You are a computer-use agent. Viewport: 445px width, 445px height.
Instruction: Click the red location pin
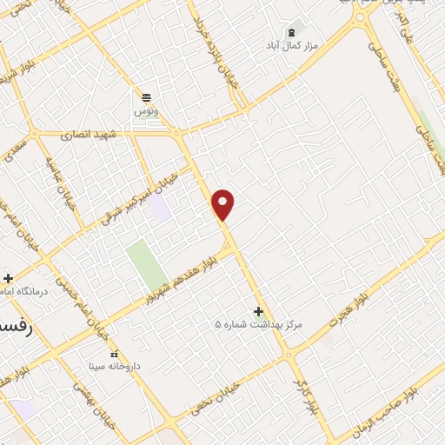tap(224, 204)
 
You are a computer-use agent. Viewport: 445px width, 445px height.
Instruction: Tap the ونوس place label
tap(145, 112)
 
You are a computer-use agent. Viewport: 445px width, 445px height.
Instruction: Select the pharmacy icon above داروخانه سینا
tap(115, 354)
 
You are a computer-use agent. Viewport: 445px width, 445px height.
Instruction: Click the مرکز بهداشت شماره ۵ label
tap(259, 324)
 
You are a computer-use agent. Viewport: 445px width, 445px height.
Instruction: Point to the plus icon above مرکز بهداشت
tap(259, 310)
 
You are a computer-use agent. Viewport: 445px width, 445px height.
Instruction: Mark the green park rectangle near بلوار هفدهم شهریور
tap(147, 264)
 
